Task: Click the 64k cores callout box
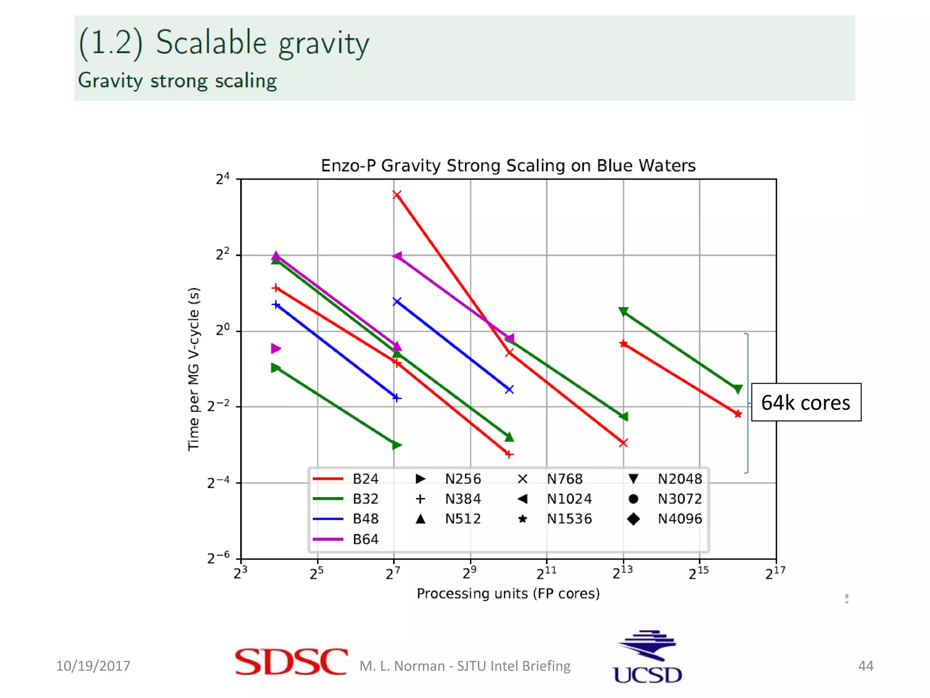[806, 403]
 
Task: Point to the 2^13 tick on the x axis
[623, 573]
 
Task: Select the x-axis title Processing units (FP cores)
[508, 593]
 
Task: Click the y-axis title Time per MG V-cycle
[193, 369]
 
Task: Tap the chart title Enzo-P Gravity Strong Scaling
[508, 165]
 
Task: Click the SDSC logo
[291, 662]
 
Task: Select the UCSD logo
[648, 658]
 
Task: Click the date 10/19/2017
[93, 666]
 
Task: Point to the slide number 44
[866, 666]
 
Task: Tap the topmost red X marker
[397, 195]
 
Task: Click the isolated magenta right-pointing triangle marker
[276, 349]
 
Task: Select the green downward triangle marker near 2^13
[623, 311]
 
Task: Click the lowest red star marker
[738, 414]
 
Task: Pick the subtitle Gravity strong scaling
[178, 81]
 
